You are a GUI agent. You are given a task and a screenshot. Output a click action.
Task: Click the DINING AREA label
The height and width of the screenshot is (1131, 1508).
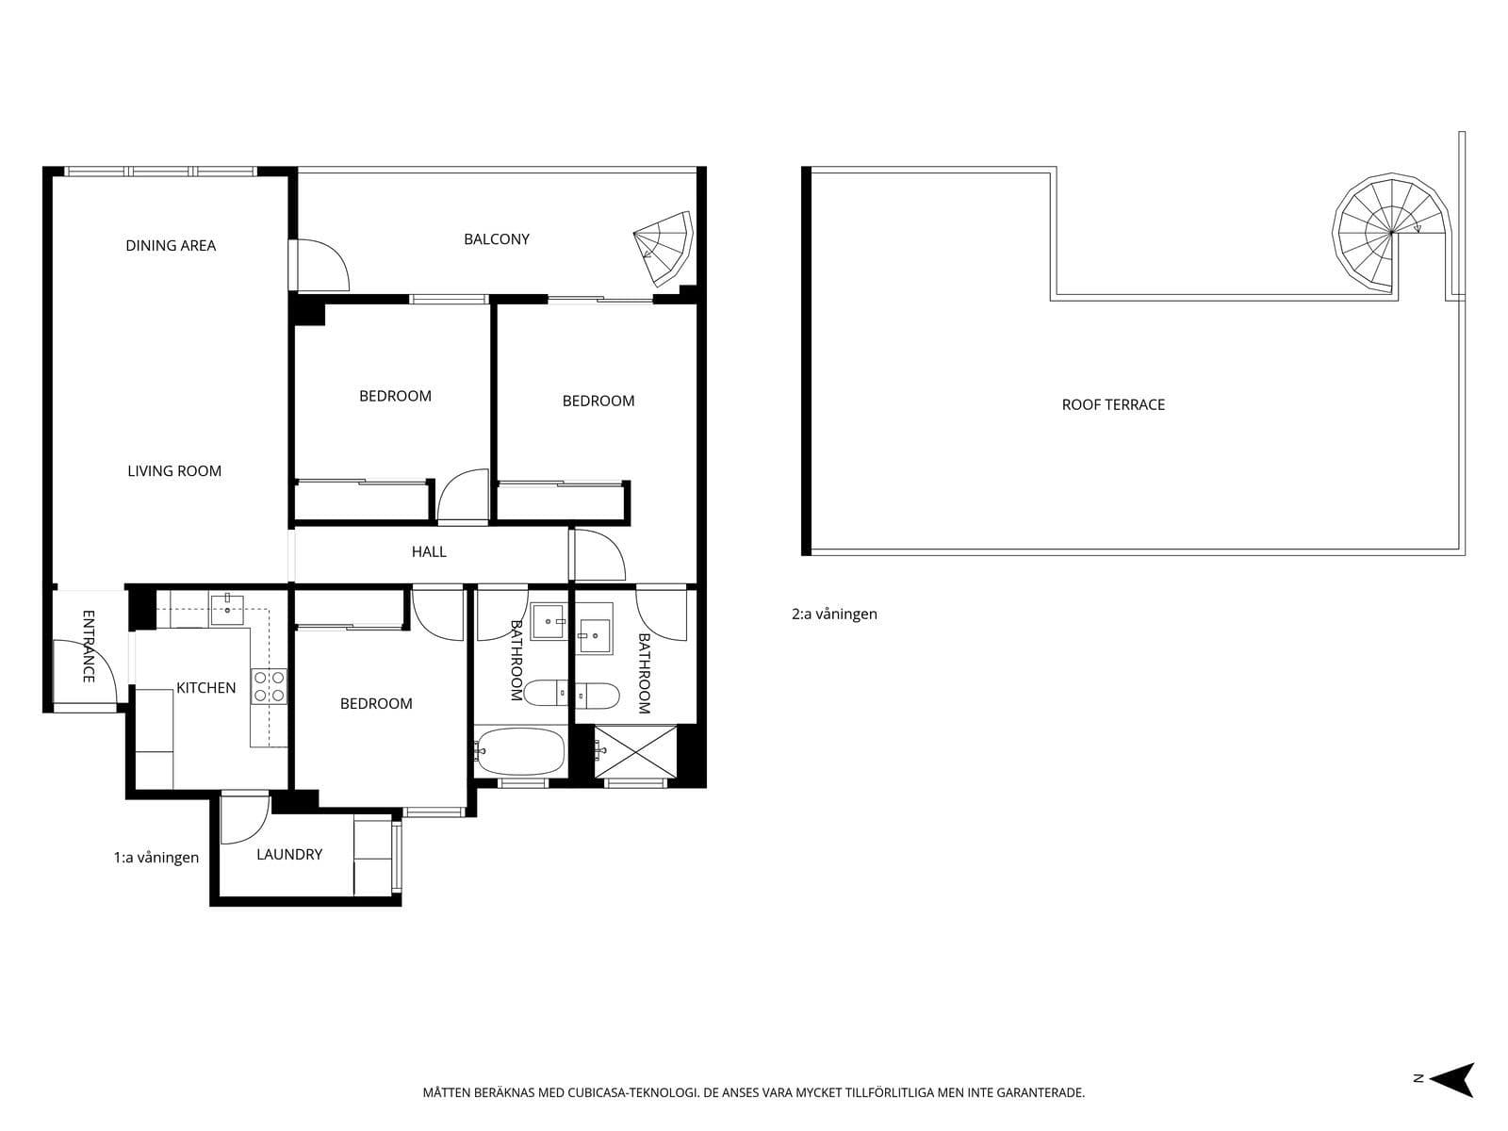[171, 246]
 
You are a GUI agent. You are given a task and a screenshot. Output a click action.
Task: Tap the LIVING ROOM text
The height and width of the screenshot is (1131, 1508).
[174, 471]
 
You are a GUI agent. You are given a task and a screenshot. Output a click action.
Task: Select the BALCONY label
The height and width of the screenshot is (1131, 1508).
[497, 239]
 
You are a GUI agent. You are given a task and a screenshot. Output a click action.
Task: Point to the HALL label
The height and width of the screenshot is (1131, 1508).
[429, 551]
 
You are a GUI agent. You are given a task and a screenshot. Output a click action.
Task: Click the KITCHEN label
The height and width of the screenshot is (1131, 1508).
[206, 687]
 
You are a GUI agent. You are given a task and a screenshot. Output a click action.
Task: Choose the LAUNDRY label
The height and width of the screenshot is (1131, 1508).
[289, 854]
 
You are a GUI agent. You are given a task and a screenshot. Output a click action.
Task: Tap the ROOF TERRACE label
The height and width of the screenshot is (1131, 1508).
[1113, 404]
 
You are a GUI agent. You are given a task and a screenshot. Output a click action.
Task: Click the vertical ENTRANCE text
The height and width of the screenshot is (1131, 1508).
[89, 647]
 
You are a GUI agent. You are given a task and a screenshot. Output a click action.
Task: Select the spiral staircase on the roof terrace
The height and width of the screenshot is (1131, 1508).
[1392, 232]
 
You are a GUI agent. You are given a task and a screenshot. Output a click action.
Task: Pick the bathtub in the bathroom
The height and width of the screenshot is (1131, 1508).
[520, 751]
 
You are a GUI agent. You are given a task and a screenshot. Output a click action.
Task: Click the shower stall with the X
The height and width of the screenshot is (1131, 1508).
[635, 751]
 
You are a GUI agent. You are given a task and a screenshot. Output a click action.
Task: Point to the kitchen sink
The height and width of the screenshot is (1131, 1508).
[227, 610]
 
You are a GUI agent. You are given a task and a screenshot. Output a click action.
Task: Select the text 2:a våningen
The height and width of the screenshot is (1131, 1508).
[834, 614]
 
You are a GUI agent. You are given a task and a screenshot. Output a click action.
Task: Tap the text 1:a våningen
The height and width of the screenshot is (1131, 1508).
[156, 857]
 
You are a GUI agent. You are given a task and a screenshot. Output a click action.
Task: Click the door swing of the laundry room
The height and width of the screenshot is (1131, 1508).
[244, 818]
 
